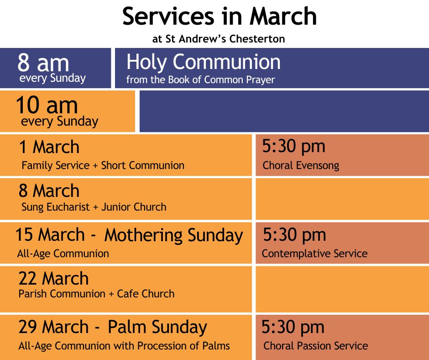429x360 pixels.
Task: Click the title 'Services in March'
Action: pos(220,16)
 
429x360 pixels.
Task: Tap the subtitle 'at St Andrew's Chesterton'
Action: pos(219,39)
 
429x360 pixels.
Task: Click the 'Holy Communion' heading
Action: pos(204,62)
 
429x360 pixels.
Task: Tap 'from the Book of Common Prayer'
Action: pos(200,80)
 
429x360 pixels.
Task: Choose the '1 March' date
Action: pos(49,147)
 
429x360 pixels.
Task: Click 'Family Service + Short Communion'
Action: pos(103,165)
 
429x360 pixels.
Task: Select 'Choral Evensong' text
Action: pos(301,165)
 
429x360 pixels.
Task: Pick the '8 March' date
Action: pos(49,191)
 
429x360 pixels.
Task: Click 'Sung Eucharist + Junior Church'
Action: pos(94,207)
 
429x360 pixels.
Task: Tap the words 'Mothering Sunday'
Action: pos(174,235)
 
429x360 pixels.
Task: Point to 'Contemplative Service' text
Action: pos(314,254)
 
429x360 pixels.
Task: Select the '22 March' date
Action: pos(54,278)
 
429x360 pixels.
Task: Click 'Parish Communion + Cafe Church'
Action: pos(97,294)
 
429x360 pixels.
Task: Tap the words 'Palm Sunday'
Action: pos(157,328)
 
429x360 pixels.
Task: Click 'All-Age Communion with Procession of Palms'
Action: pos(124,346)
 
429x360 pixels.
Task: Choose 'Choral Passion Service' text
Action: pos(316,346)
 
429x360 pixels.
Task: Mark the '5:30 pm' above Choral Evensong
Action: pos(294,147)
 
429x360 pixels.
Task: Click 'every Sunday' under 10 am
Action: pos(60,122)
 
